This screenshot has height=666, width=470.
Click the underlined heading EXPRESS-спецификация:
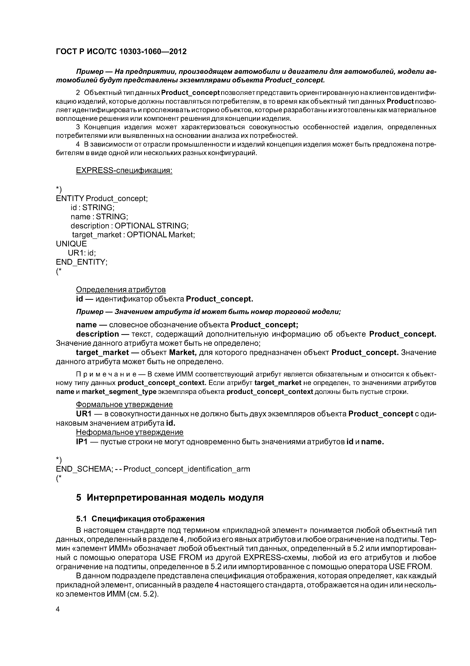point(124,170)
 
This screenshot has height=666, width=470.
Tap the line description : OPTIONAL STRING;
point(129,226)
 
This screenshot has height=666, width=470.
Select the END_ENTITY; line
point(82,262)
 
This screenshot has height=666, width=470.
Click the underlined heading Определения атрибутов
point(121,290)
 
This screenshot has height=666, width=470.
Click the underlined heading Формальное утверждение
point(124,404)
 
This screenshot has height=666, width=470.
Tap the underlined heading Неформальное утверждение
point(129,432)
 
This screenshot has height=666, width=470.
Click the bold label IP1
point(82,442)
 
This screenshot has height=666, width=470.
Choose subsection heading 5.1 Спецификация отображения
point(140,519)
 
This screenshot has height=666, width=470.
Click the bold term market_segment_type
point(119,392)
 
